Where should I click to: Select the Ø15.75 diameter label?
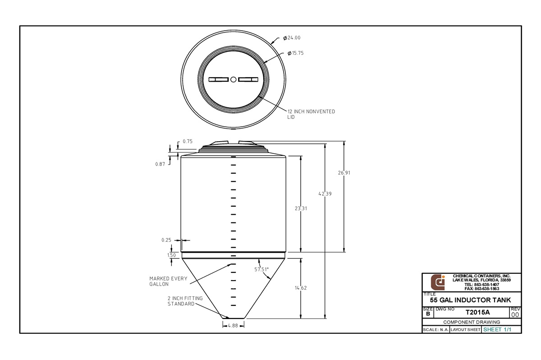pyautogui.click(x=297, y=53)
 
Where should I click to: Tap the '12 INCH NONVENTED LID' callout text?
pyautogui.click(x=311, y=114)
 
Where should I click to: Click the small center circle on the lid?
pyautogui.click(x=233, y=80)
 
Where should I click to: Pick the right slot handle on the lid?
pyautogui.click(x=248, y=80)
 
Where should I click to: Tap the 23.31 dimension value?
pyautogui.click(x=301, y=208)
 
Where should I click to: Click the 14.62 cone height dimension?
pyautogui.click(x=301, y=288)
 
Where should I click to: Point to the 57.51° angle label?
pyautogui.click(x=261, y=269)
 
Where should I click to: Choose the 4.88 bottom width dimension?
pyautogui.click(x=233, y=325)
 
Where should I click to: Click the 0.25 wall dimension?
pyautogui.click(x=166, y=240)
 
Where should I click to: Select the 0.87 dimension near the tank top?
pyautogui.click(x=160, y=164)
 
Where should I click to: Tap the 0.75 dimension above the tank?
pyautogui.click(x=188, y=141)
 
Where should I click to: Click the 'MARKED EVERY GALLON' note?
pyautogui.click(x=168, y=282)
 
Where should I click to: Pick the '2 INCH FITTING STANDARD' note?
pyautogui.click(x=185, y=301)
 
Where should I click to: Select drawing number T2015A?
pyautogui.click(x=477, y=312)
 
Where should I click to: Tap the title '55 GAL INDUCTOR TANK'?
pyautogui.click(x=471, y=300)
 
